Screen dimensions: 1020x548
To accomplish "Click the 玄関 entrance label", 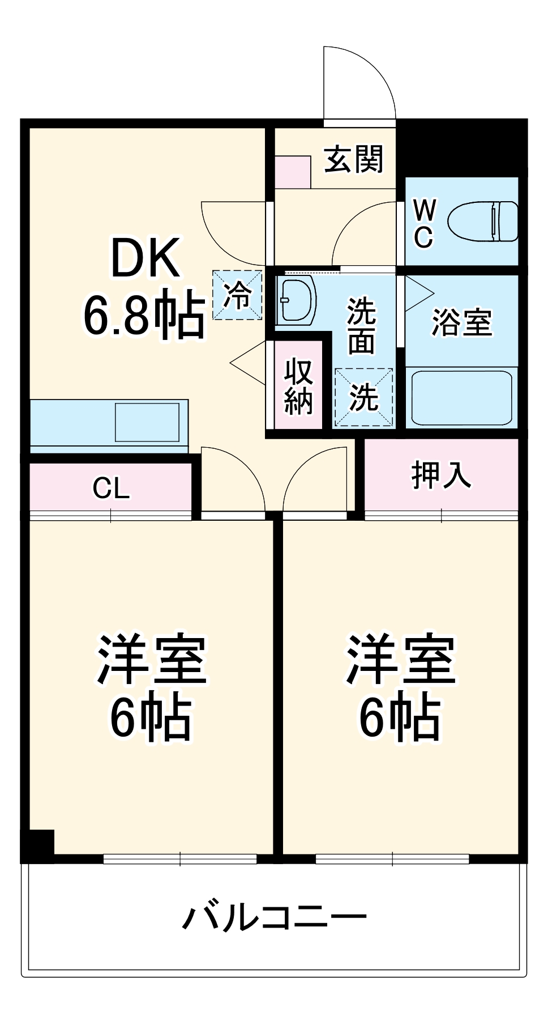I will point(353,159).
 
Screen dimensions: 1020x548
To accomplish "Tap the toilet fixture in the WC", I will point(482,221).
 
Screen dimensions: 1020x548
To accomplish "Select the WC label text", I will point(423,223).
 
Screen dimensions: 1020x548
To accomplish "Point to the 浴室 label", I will point(461,322).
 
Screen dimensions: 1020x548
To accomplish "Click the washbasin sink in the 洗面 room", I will point(297,300).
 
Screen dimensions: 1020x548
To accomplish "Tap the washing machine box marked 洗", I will point(363,397).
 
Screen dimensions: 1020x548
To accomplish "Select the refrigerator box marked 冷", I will point(237,295).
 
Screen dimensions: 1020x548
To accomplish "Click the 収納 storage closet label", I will point(298,386).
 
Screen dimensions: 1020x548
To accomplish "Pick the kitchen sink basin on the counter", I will point(147,422).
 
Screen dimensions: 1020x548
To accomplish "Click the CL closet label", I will point(111,488).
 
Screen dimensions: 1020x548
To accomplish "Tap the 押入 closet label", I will point(441,474).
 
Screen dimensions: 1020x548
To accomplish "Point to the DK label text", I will point(145,258).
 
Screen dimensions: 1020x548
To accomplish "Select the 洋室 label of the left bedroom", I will point(152,660).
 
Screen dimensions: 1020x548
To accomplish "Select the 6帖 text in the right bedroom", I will point(400,717).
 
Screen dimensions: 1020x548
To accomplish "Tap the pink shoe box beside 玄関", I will point(293,172).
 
